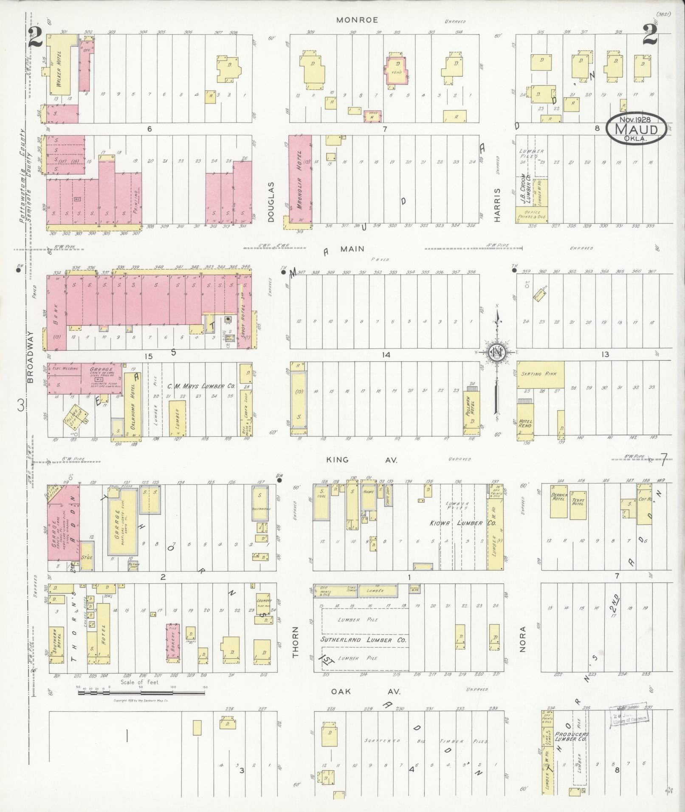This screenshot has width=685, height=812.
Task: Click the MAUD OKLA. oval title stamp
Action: [635, 128]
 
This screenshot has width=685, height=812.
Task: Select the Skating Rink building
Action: [540, 374]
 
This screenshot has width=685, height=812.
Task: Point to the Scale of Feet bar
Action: [141, 693]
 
